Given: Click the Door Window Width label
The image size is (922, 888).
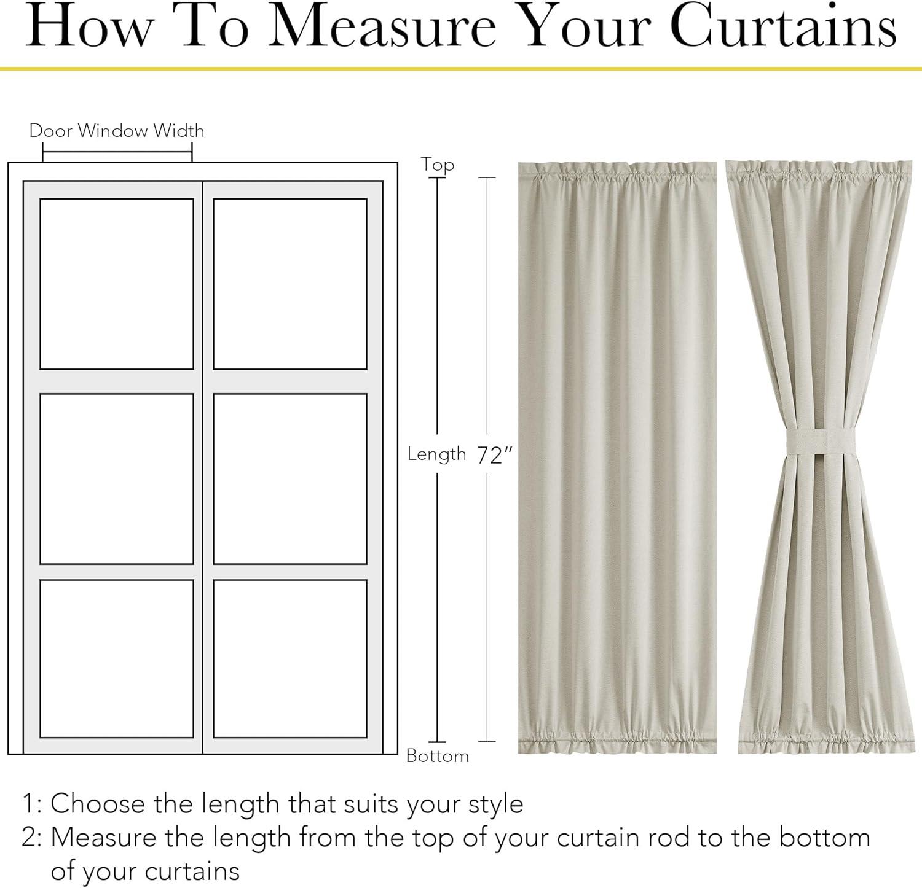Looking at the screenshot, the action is point(117,131).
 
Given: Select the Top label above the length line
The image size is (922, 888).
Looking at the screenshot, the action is point(438,165).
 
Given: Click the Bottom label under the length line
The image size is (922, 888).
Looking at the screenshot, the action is point(438,755).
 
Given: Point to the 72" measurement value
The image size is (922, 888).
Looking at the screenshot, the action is point(495,455).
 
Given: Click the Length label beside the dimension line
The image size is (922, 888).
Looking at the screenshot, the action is point(437,454).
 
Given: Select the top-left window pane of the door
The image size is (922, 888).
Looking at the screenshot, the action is point(117,284).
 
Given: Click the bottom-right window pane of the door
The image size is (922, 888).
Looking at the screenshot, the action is point(290,658).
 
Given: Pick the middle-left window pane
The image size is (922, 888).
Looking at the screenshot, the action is point(117,478).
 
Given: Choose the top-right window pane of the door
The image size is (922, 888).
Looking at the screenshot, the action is point(290,284).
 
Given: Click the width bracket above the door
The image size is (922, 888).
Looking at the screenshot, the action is point(117,152).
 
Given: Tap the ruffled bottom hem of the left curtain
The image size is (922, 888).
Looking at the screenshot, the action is point(617,739).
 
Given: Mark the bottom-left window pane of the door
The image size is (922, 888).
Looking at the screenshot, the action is point(117,658).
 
